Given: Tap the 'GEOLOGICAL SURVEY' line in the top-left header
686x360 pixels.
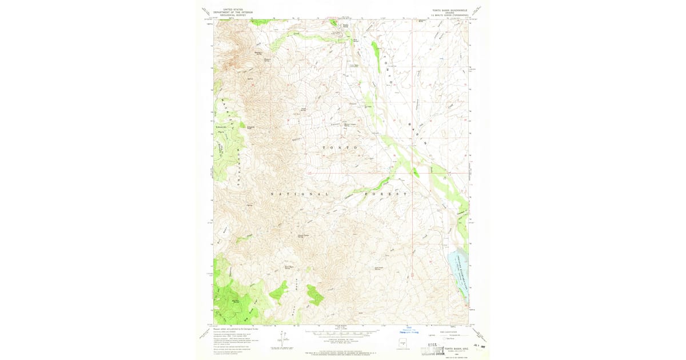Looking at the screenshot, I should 230,16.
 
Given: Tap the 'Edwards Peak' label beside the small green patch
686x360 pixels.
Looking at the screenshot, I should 251,128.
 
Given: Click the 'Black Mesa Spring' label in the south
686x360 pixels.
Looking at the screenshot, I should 290,266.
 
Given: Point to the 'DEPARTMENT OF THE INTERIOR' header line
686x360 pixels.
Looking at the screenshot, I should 230,13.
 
